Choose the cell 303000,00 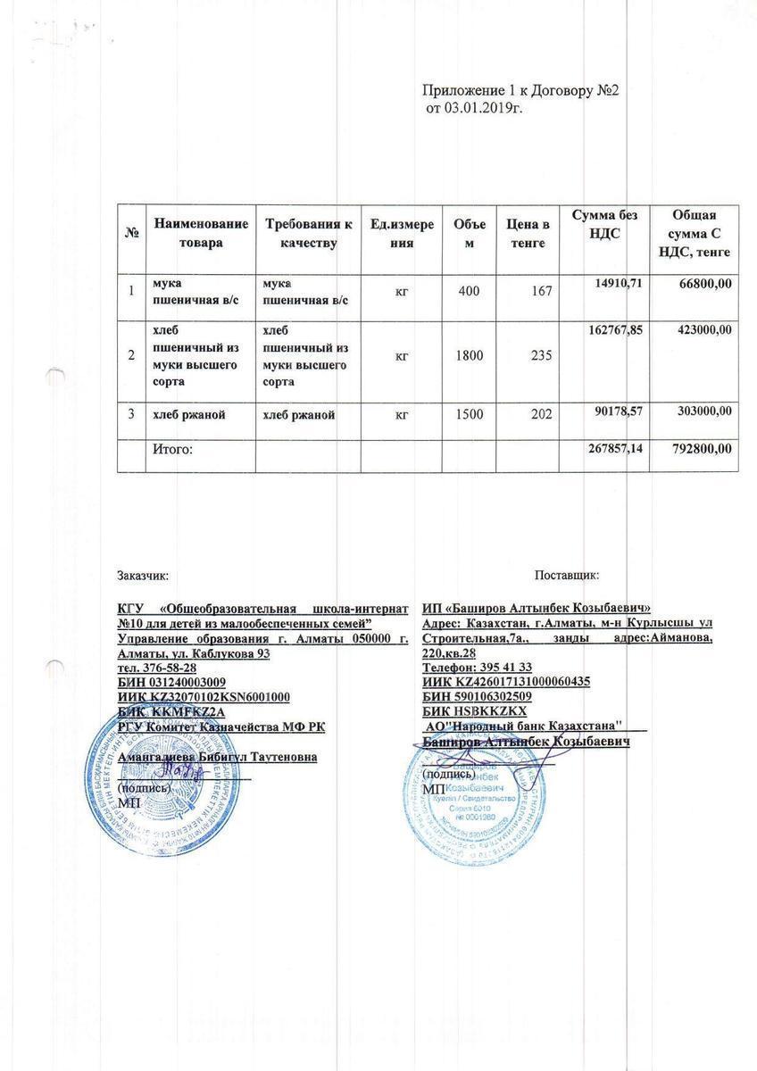pos(701,410)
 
